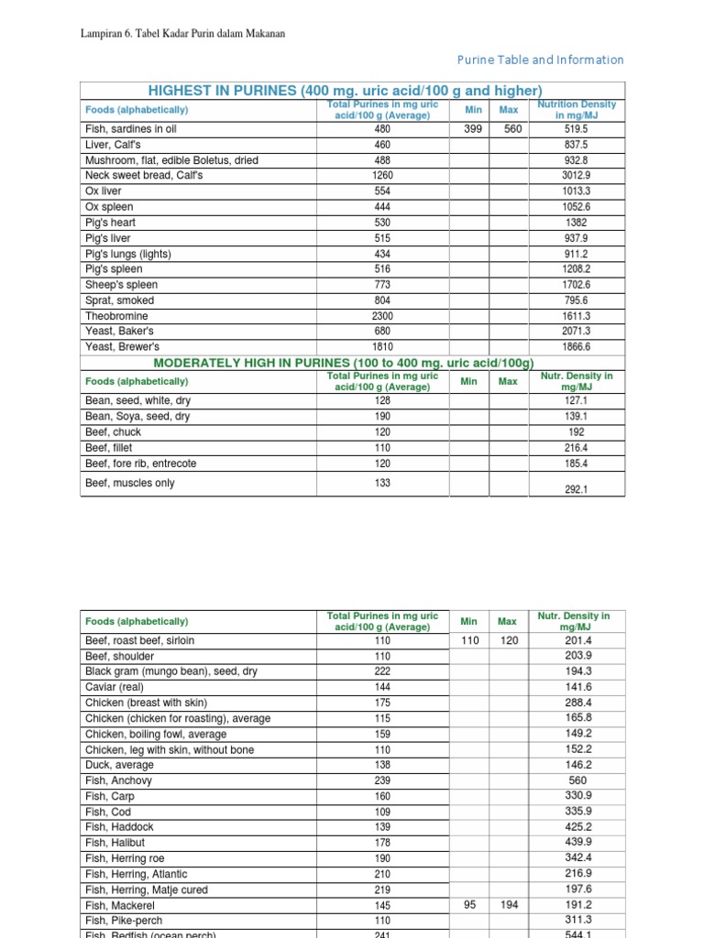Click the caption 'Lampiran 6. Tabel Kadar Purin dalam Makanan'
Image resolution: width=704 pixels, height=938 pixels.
184,34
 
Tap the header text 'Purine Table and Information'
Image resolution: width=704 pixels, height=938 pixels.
541,60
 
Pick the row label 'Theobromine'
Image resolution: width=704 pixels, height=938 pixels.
116,316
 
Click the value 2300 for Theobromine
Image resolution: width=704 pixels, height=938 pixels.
382,316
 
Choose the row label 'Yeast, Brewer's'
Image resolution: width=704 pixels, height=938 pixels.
122,347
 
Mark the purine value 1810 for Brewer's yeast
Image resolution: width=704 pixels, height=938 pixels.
382,347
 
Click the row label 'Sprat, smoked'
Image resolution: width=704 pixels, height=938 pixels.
119,300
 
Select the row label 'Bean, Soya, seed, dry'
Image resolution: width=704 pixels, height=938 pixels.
137,417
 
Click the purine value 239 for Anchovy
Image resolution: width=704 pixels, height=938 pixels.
382,780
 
